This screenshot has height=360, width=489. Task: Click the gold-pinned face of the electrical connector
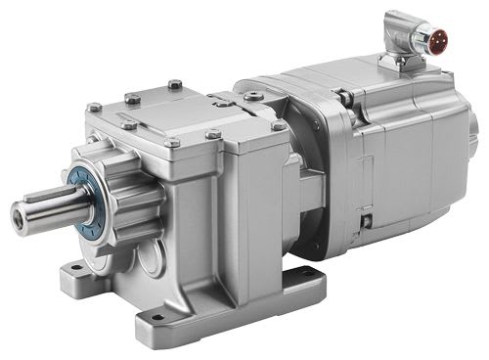coord(426,41)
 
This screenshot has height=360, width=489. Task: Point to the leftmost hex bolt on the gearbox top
coord(94,108)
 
